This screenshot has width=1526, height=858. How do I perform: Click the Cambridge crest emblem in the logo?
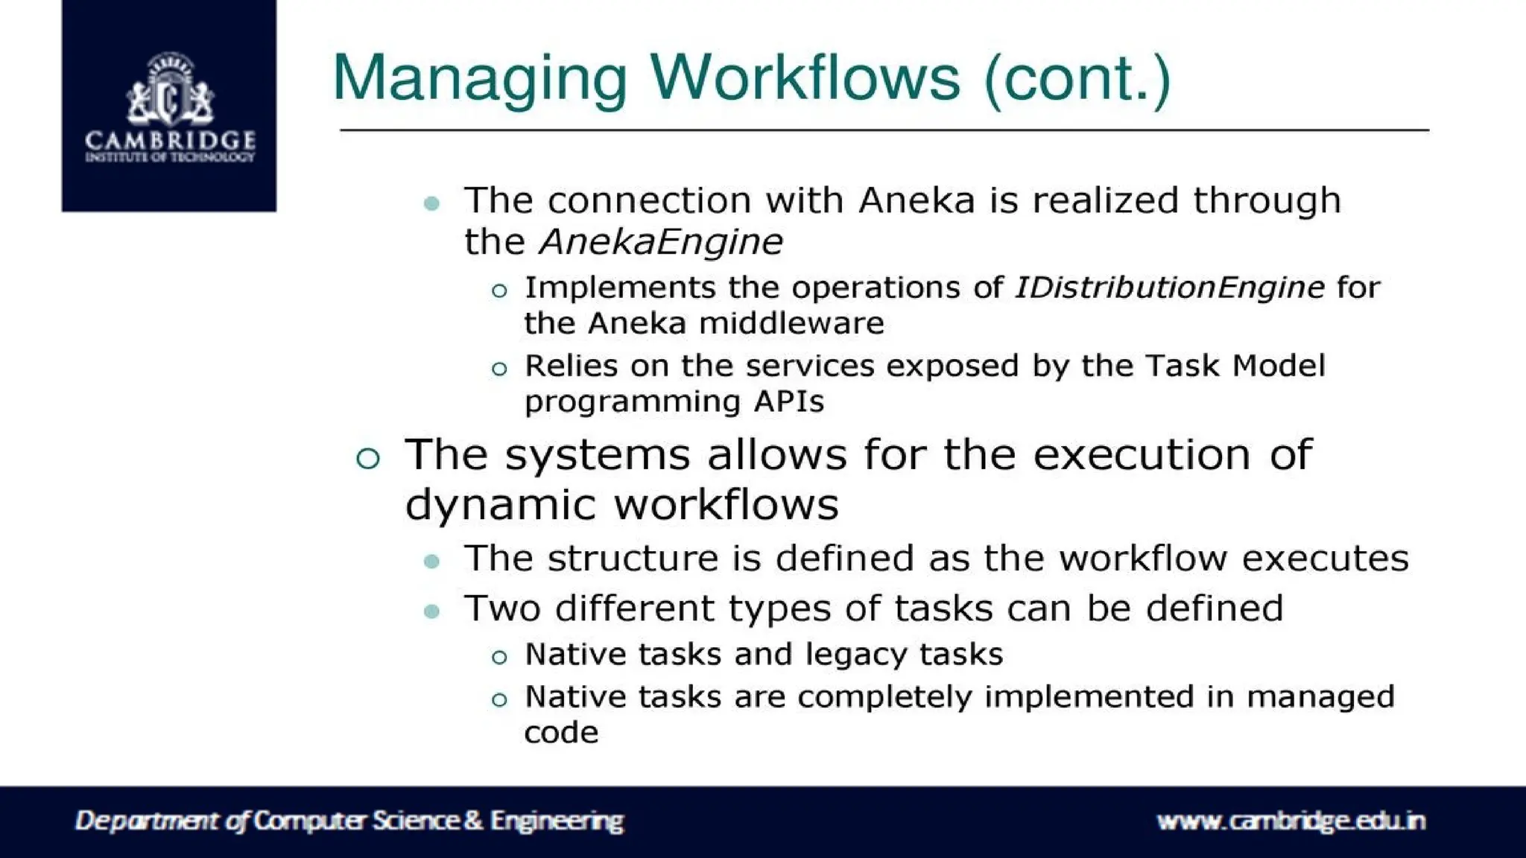pyautogui.click(x=170, y=89)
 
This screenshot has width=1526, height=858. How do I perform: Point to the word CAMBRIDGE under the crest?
pyautogui.click(x=170, y=139)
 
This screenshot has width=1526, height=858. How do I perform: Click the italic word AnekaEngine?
pyautogui.click(x=661, y=241)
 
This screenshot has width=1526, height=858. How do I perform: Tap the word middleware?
pyautogui.click(x=791, y=323)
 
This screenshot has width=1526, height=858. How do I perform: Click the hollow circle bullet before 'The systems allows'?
pyautogui.click(x=368, y=458)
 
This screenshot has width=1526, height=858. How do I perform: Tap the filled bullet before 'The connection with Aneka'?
pyautogui.click(x=431, y=203)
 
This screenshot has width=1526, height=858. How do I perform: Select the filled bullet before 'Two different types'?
pyautogui.click(x=431, y=611)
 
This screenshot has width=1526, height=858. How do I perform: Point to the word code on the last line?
pyautogui.click(x=561, y=733)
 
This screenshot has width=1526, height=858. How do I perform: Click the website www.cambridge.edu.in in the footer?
pyautogui.click(x=1291, y=821)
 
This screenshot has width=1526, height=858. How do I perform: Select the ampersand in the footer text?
pyautogui.click(x=473, y=821)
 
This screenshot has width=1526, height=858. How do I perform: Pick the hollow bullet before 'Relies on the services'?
pyautogui.click(x=499, y=369)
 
